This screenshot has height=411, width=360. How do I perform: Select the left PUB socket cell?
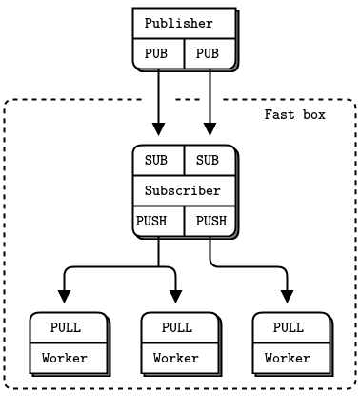157,54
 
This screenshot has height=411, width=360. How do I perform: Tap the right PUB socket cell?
208,54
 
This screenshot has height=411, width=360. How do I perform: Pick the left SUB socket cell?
157,161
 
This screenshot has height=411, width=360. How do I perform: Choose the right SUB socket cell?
208,161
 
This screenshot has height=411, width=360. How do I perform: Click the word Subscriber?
183,191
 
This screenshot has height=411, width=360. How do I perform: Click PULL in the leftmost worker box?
66,328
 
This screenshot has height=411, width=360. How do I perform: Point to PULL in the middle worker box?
177,328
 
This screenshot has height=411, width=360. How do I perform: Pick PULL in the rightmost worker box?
289,328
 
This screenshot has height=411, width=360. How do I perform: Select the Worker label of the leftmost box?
66,359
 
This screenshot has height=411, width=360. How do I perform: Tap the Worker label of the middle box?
177,359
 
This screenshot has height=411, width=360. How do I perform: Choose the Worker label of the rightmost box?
289,359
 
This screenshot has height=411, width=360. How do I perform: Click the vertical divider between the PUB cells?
184,54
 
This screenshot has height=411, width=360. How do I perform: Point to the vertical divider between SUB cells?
184,161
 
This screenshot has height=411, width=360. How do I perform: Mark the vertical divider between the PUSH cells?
184,222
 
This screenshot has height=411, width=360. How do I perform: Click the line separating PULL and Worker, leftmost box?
68,343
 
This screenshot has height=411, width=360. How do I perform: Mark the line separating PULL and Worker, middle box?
179,343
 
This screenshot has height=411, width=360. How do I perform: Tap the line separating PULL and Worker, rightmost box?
290,343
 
